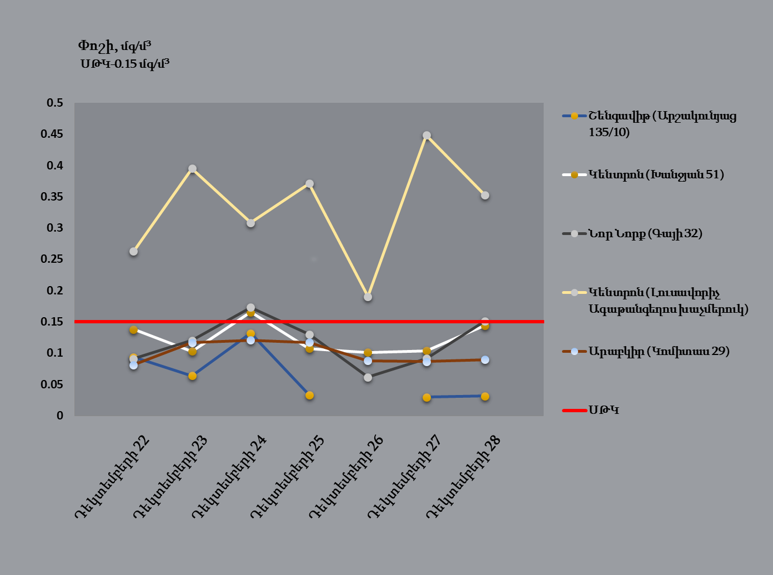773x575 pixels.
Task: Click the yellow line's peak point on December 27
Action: click(x=426, y=136)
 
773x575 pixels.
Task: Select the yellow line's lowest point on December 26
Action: click(x=368, y=297)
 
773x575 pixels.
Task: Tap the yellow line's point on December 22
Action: click(x=133, y=252)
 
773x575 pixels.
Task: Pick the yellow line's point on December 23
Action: click(x=192, y=169)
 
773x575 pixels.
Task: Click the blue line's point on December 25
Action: click(x=309, y=396)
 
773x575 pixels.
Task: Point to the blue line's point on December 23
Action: click(x=192, y=376)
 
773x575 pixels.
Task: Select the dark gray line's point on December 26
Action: click(x=368, y=378)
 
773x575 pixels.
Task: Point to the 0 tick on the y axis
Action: click(x=60, y=416)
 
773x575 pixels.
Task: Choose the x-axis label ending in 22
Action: click(x=113, y=477)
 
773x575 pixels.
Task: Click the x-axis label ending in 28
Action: click(x=464, y=477)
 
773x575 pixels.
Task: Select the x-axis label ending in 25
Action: click(x=288, y=477)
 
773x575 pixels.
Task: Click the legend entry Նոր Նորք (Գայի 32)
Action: click(x=645, y=234)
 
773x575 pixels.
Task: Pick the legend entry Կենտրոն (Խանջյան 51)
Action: click(x=656, y=175)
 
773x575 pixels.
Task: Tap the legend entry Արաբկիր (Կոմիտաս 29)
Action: click(x=659, y=351)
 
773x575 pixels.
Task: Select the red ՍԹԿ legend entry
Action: click(x=604, y=411)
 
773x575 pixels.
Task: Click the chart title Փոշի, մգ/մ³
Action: click(x=114, y=46)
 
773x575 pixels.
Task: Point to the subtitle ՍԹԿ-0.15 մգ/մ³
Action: click(x=125, y=63)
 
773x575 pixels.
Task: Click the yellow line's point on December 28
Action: click(x=485, y=196)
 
